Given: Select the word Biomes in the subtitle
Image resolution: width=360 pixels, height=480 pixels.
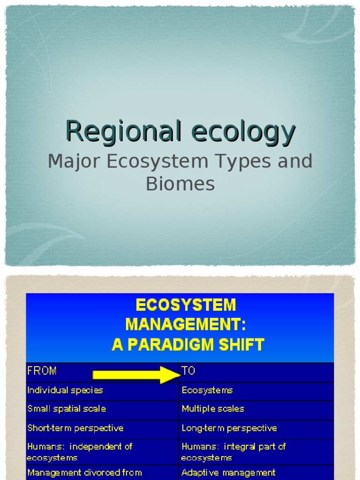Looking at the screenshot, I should (180, 184).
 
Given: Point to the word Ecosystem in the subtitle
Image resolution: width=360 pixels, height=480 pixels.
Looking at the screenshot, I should (150, 162).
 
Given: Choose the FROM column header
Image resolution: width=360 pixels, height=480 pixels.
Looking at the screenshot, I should (42, 371).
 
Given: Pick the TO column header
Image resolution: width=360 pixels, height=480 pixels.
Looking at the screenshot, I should (188, 371).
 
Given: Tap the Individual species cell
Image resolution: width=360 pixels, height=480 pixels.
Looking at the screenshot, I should (65, 390).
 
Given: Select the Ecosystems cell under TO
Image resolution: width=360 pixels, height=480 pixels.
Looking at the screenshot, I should (207, 390).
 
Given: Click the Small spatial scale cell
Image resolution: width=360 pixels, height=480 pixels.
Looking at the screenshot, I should (67, 409).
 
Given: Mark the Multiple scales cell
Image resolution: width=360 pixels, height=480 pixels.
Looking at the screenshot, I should (213, 409).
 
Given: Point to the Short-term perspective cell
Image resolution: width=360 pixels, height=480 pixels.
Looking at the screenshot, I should (75, 428).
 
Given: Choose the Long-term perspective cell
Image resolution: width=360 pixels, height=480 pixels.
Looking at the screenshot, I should (229, 428).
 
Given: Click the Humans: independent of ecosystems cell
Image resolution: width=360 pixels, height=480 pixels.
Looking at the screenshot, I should (80, 452).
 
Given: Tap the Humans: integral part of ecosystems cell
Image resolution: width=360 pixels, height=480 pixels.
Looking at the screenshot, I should (233, 452).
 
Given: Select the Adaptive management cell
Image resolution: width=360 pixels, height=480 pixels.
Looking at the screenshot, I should (228, 472).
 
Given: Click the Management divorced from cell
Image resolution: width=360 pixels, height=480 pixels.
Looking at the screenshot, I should (84, 472).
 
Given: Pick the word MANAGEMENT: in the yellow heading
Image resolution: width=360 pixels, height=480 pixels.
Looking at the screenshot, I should (185, 325).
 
